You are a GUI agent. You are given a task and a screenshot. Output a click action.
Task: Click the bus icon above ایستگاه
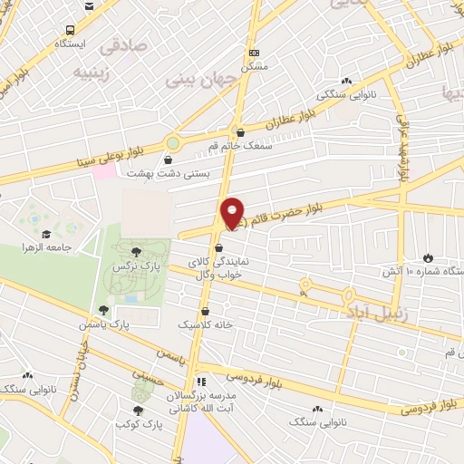point(89,7)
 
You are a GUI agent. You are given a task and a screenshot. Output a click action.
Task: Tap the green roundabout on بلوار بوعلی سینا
point(173,143)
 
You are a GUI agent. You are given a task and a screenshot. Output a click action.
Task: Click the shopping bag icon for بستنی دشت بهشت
point(167,160)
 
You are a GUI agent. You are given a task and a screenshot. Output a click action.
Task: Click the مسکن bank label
point(256,66)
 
